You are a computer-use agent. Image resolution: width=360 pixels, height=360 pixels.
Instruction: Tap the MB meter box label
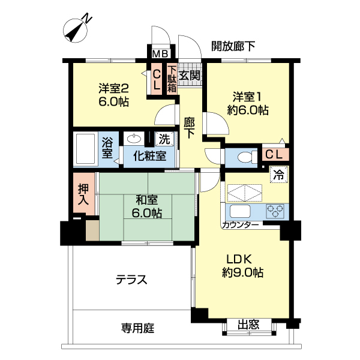[x=160, y=54]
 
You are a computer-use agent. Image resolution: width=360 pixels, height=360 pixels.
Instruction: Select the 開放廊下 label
[x=233, y=46]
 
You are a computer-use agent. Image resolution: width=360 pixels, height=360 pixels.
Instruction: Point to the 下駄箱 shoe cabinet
[x=172, y=79]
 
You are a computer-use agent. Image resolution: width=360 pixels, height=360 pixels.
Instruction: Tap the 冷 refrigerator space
[x=278, y=175]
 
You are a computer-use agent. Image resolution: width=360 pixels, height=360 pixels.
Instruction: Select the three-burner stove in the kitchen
[x=276, y=211]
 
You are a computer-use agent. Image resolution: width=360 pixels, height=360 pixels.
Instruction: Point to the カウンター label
[x=241, y=225]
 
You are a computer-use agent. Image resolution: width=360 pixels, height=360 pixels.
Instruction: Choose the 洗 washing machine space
[x=164, y=140]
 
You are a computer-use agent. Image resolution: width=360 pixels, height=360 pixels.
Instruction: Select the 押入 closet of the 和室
[x=84, y=194]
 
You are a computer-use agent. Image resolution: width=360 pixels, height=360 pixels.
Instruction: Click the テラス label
[x=131, y=280]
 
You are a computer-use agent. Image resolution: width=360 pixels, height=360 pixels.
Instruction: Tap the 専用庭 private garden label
[x=138, y=328]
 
